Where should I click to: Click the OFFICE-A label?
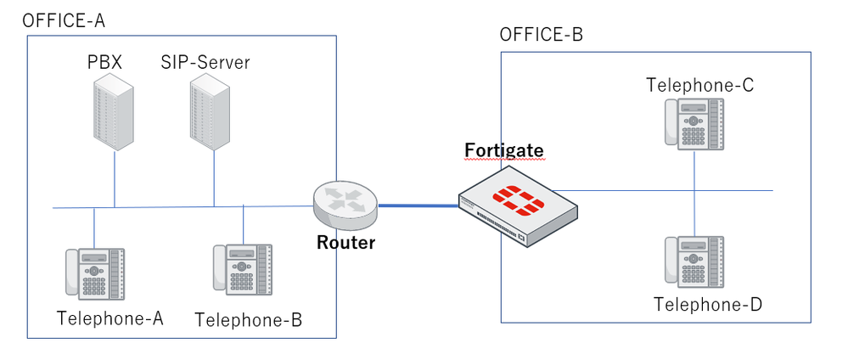click(x=64, y=20)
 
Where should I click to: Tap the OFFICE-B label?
click(x=541, y=35)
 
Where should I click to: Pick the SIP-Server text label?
click(x=205, y=63)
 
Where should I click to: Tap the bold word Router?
click(x=345, y=243)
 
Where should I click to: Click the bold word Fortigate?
click(x=503, y=151)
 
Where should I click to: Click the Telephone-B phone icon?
click(x=243, y=269)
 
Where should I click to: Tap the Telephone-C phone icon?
click(x=694, y=124)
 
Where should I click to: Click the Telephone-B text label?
click(x=248, y=320)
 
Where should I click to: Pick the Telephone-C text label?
click(x=699, y=85)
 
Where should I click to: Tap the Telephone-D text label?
click(x=708, y=304)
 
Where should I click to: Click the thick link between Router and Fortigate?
click(x=418, y=205)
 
